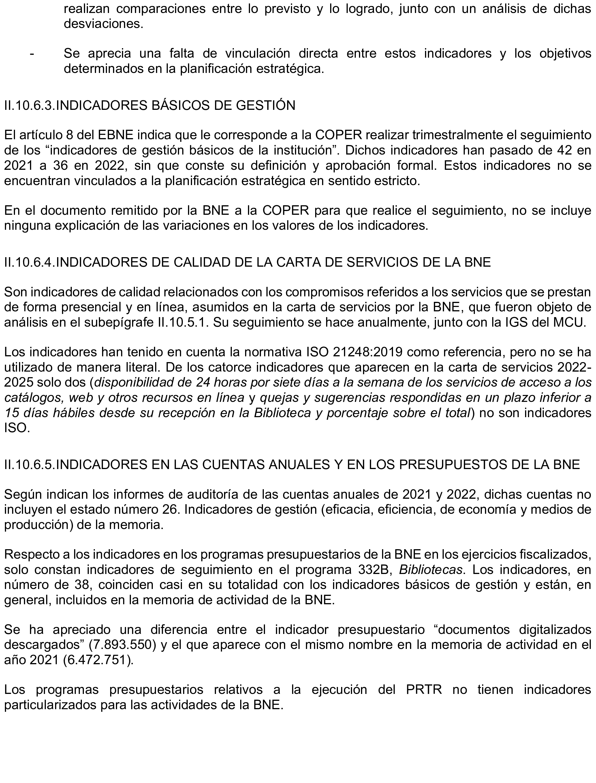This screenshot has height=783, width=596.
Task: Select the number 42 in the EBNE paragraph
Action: tap(561, 150)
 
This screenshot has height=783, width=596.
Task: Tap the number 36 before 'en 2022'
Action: tap(72, 165)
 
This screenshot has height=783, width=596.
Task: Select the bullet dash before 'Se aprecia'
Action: tap(32, 54)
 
